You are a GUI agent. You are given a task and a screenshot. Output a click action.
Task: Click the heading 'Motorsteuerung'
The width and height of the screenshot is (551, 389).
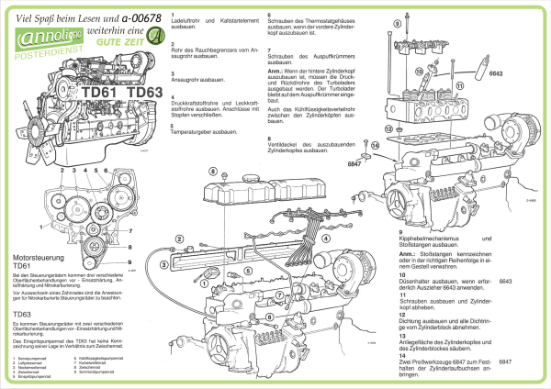pos(38,260)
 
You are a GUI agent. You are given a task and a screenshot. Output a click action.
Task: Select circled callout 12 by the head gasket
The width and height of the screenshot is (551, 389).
pos(388,128)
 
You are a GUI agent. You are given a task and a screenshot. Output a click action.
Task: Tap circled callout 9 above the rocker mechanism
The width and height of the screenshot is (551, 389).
pos(420,72)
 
